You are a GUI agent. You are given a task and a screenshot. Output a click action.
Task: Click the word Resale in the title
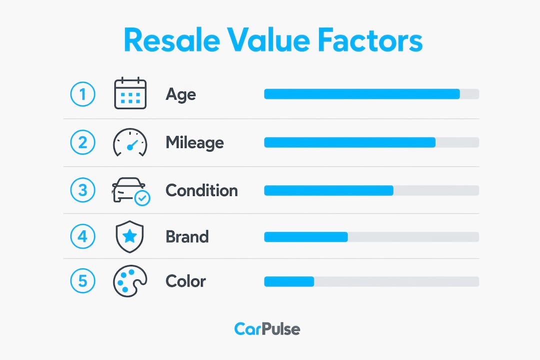[x=172, y=40]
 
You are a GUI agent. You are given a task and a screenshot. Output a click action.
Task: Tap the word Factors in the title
[x=369, y=40]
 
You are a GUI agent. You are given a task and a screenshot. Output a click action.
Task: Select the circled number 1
[x=82, y=94]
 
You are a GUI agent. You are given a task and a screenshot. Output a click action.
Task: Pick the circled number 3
[x=82, y=190]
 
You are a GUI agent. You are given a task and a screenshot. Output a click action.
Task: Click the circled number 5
[x=82, y=281]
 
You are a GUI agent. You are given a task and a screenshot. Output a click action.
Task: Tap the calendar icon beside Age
[x=130, y=93]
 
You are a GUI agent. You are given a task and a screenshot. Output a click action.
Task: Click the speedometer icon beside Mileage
[x=130, y=142]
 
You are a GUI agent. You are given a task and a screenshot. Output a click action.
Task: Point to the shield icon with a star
[x=130, y=236]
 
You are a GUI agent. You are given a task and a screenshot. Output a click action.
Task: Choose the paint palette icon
[x=130, y=281]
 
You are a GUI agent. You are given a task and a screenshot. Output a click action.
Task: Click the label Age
[x=181, y=94]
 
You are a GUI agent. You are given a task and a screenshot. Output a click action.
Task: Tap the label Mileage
[x=194, y=142]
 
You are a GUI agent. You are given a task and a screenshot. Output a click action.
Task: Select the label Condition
[x=201, y=190]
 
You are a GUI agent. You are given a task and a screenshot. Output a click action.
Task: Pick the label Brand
[x=187, y=236]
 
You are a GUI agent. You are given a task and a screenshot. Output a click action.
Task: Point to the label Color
[x=185, y=281]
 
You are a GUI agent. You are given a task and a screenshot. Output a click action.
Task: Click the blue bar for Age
[x=362, y=94]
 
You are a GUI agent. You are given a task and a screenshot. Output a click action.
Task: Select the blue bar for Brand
[x=306, y=236]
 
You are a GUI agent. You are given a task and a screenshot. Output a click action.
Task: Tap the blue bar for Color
[x=289, y=281]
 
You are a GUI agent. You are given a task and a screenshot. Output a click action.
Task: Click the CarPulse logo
[x=267, y=329]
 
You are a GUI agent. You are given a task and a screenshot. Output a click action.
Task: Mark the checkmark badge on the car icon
[x=142, y=198]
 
